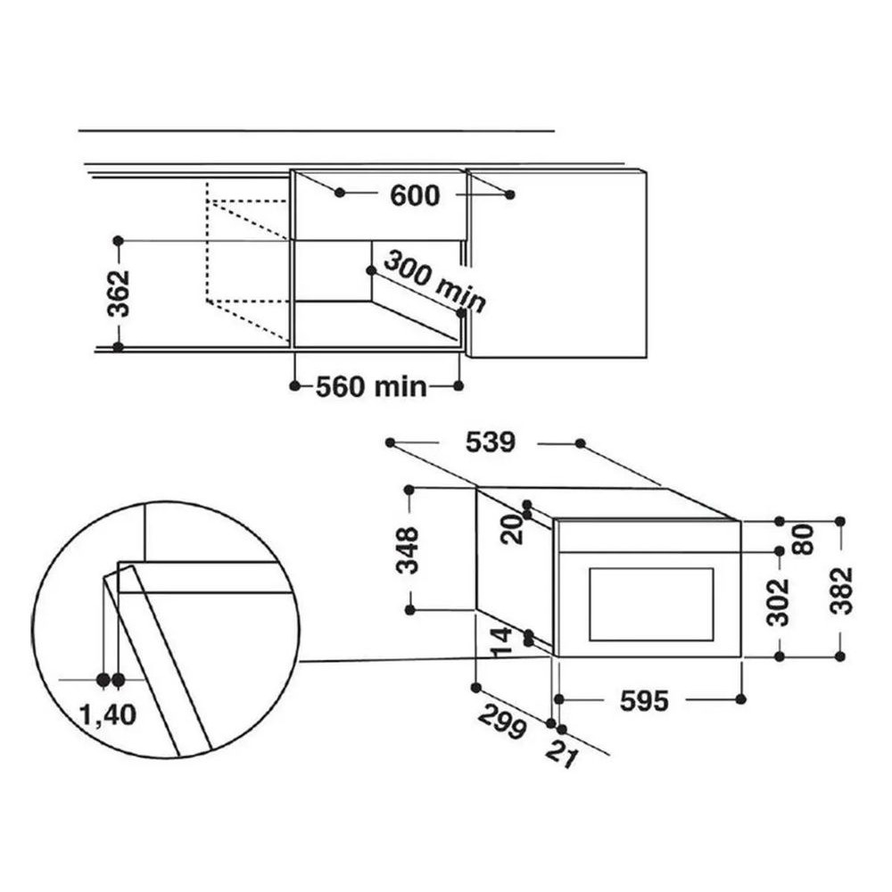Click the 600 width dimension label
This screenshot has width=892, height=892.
click(415, 195)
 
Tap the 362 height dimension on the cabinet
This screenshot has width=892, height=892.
click(119, 293)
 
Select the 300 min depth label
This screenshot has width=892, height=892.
click(434, 282)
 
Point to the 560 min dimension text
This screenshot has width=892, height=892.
click(371, 387)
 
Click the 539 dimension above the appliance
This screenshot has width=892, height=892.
click(490, 442)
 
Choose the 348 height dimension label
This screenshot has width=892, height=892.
click(409, 550)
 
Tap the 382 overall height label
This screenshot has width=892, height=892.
click(842, 591)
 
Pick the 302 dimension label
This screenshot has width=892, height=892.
click(778, 603)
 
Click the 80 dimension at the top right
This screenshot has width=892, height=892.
click(804, 540)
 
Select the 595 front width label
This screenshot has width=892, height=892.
click(644, 701)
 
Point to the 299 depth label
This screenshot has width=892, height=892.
click(502, 722)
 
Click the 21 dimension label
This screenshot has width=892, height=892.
click(562, 755)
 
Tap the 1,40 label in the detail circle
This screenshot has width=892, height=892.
click(108, 715)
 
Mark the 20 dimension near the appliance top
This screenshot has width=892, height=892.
click(512, 529)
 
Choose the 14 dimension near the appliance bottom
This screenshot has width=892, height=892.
click(501, 643)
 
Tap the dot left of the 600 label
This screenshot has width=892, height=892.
click(340, 193)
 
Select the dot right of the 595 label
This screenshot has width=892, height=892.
click(740, 699)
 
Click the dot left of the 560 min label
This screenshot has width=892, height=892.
click(294, 386)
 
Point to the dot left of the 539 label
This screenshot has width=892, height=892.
click(391, 442)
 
